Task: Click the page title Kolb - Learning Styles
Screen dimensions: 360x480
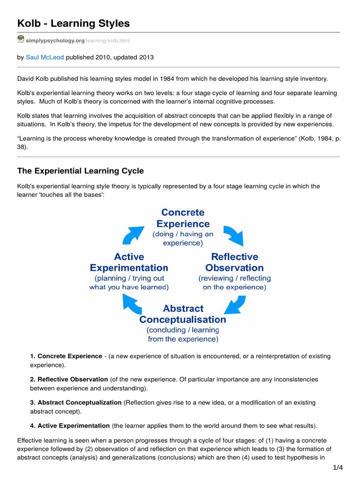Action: tap(74, 23)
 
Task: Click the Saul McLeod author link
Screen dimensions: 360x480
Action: tap(45, 57)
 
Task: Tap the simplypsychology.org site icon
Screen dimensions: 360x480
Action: tap(21, 40)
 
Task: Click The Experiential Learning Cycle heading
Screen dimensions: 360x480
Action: tap(80, 171)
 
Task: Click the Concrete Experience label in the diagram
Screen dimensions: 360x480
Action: tap(183, 218)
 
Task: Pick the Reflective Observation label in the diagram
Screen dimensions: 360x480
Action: tap(234, 262)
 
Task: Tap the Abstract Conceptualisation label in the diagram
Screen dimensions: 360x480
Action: tap(183, 314)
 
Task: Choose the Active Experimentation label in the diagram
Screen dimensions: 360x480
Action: tap(128, 262)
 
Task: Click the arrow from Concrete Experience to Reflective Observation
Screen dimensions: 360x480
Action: tap(233, 235)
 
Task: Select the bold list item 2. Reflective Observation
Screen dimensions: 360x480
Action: tap(69, 379)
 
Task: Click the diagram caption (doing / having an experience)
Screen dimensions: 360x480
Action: tap(183, 239)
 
